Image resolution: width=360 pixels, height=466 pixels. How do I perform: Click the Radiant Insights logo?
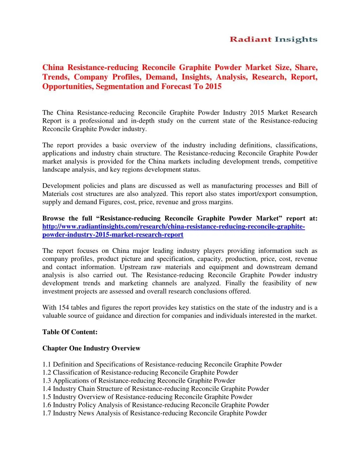point(274,40)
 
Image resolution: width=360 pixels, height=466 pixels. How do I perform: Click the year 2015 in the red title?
point(213,87)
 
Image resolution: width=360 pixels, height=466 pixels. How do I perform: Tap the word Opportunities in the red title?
point(66,87)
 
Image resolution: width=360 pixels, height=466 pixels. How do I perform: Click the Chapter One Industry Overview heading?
point(91,348)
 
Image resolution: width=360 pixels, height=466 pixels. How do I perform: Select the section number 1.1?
point(47,364)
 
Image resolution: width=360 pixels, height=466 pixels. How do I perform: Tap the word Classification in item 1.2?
point(72,372)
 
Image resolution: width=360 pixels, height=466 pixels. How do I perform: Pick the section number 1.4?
point(47,389)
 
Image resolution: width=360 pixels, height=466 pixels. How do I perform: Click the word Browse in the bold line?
point(53,218)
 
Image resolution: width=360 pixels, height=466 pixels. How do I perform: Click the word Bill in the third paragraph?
point(303,186)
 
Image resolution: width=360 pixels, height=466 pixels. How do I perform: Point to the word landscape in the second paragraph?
point(56,170)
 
